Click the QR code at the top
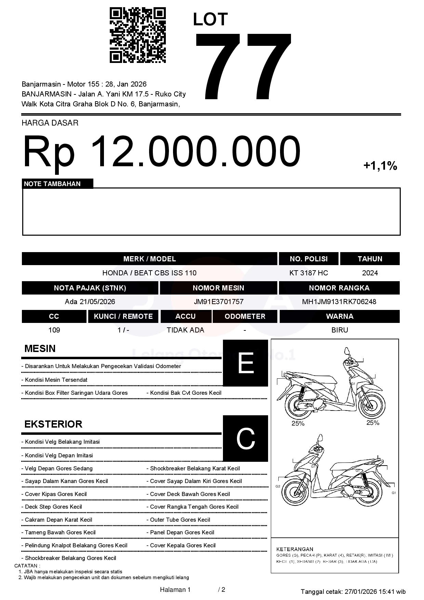pyautogui.click(x=138, y=35)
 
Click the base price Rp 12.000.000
pyautogui.click(x=161, y=151)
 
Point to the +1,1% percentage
pyautogui.click(x=380, y=166)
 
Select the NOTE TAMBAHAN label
pyautogui.click(x=52, y=184)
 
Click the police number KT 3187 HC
pyautogui.click(x=308, y=273)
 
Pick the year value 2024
pyautogui.click(x=370, y=273)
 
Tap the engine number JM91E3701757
pyautogui.click(x=218, y=302)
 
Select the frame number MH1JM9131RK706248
pyautogui.click(x=339, y=302)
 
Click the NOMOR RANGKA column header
pyautogui.click(x=339, y=288)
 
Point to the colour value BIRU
pyautogui.click(x=340, y=330)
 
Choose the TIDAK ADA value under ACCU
pyautogui.click(x=185, y=330)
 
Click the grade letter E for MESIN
pyautogui.click(x=246, y=363)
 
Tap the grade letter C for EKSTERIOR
pyautogui.click(x=246, y=438)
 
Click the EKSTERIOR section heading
pyautogui.click(x=53, y=424)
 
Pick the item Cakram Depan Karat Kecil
pyautogui.click(x=58, y=520)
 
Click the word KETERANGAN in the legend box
pyautogui.click(x=295, y=549)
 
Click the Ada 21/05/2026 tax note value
pyautogui.click(x=90, y=302)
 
